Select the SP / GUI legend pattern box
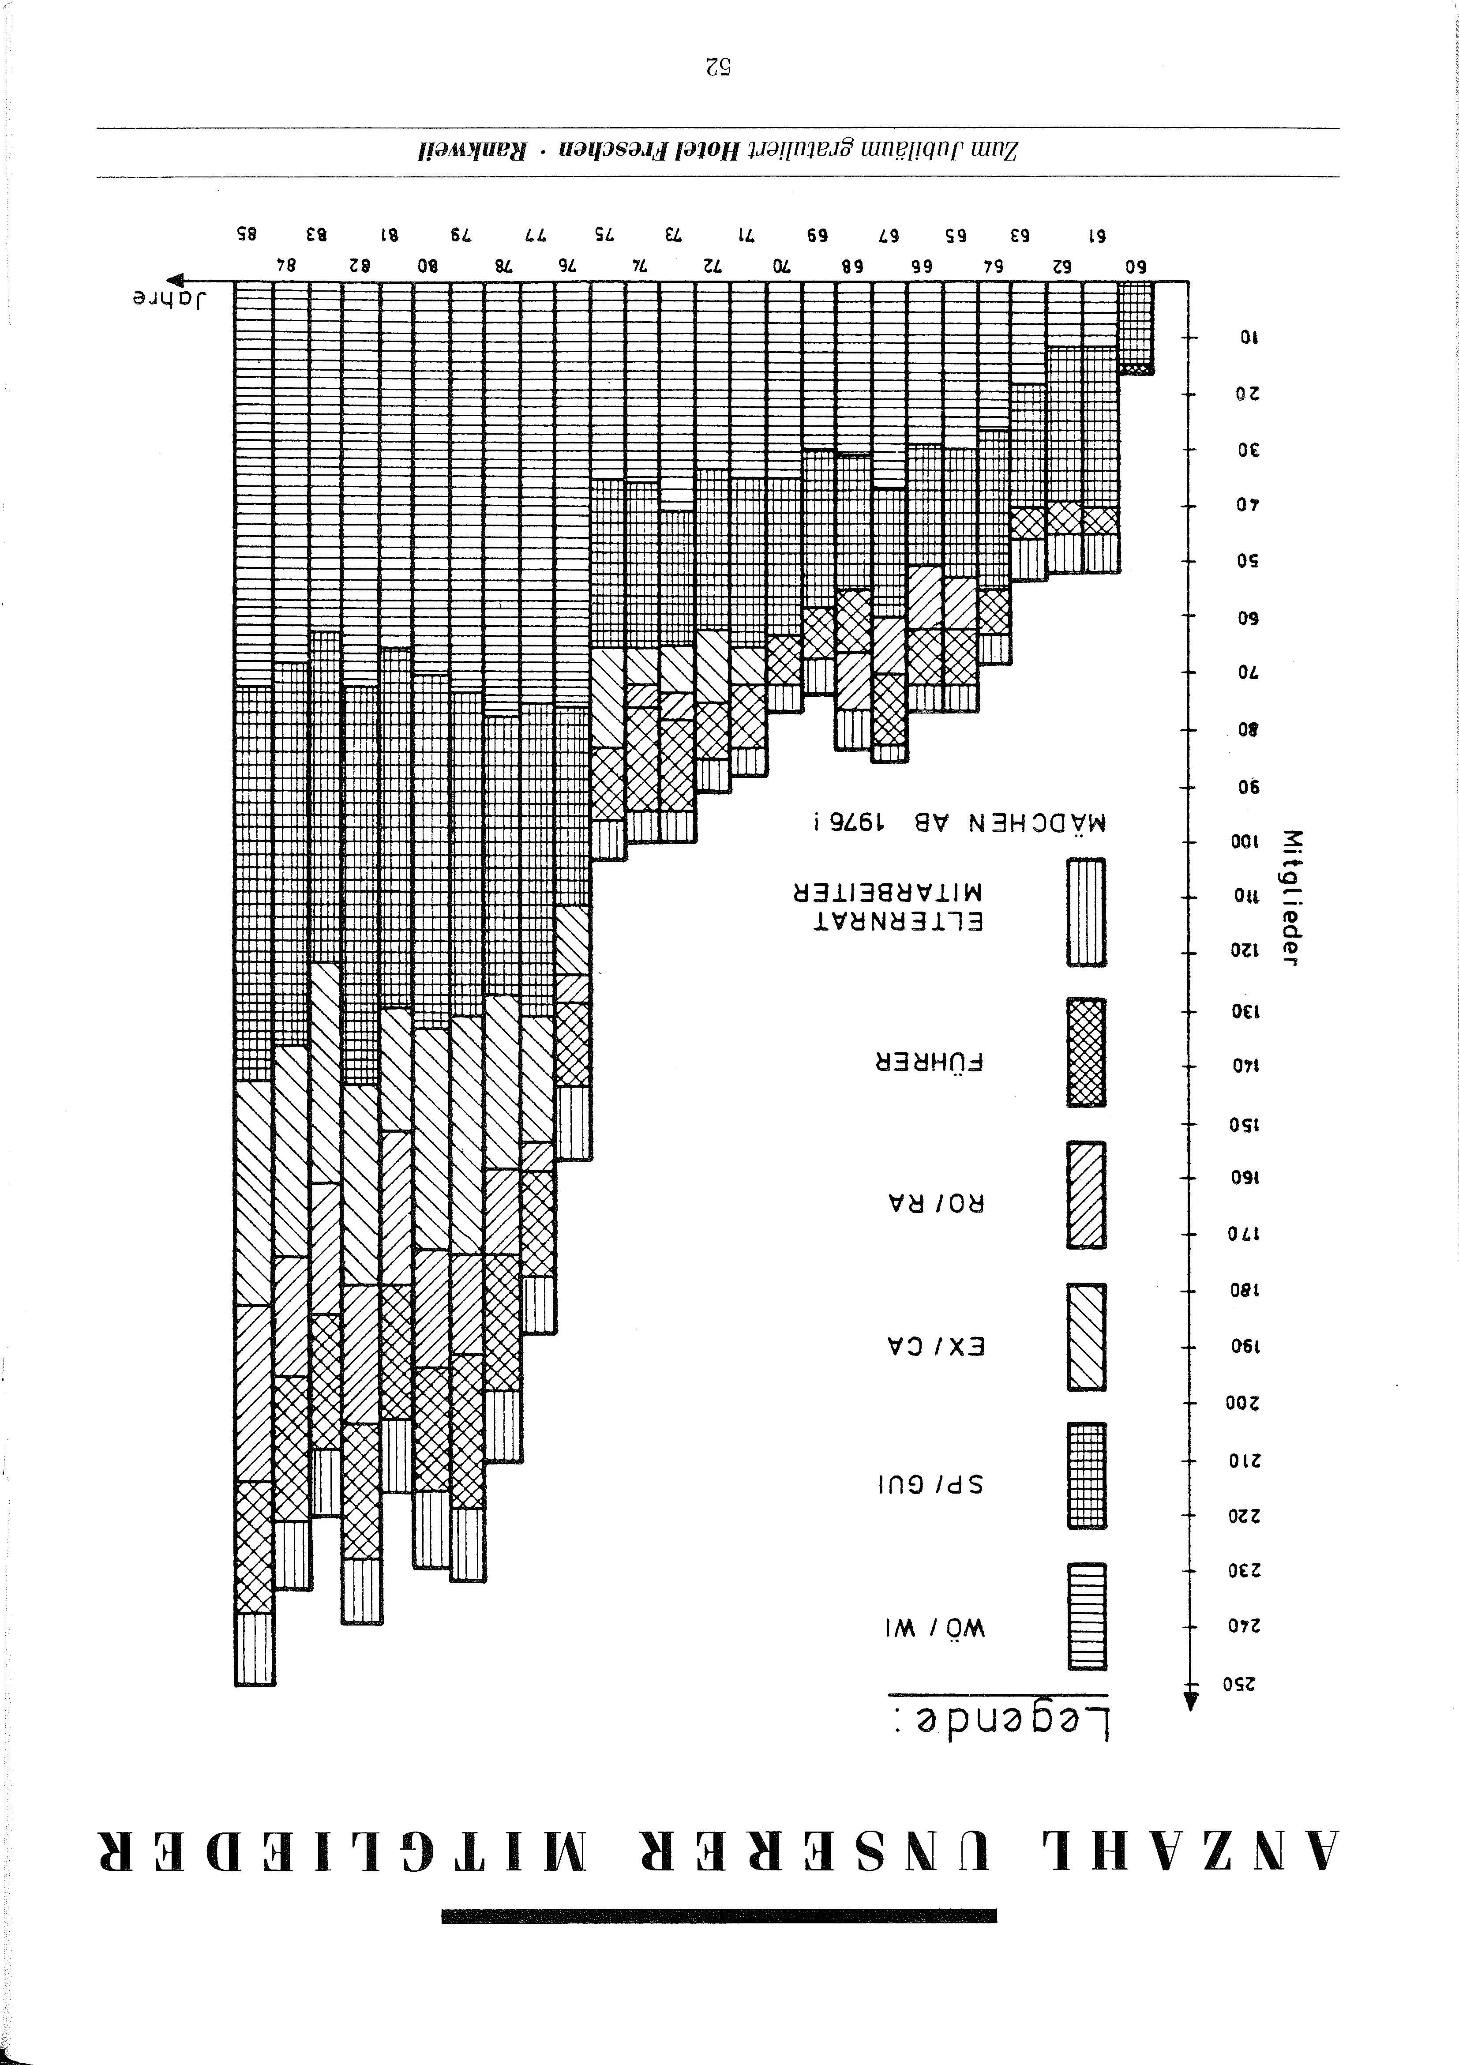click(1087, 1475)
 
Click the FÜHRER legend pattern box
click(1087, 1052)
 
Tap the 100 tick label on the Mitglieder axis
click(1246, 843)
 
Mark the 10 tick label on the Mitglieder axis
click(1250, 338)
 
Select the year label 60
click(1137, 266)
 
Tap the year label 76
click(566, 266)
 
